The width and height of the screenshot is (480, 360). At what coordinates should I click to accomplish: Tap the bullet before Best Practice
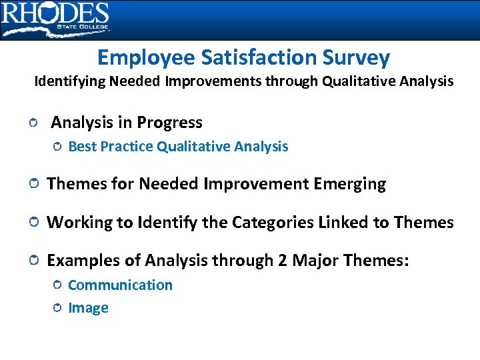[x=57, y=147]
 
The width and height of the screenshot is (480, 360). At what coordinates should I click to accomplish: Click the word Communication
[x=120, y=285]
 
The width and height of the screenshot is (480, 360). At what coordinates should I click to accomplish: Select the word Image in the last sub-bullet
[x=88, y=308]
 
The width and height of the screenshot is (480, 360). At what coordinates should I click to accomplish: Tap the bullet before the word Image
[x=57, y=308]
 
